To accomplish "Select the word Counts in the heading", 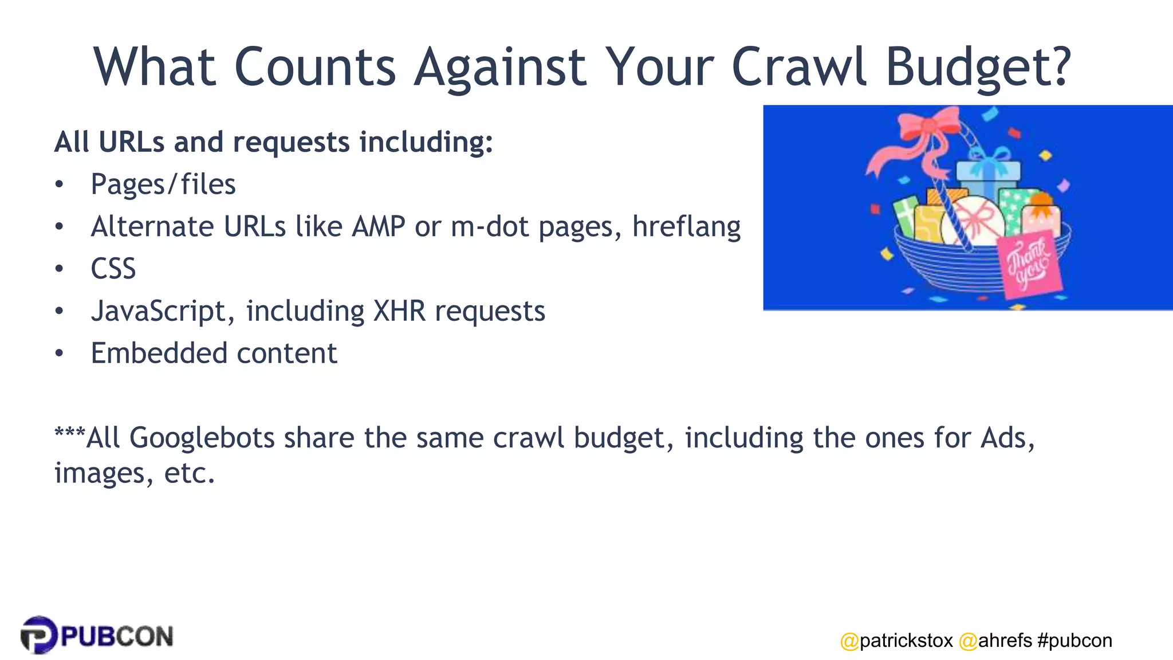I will [x=314, y=67].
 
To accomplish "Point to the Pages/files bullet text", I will [x=163, y=185].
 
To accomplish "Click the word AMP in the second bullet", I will [x=379, y=226].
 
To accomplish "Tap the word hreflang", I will [x=686, y=227].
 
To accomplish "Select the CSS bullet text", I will [x=113, y=269].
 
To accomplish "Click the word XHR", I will [x=399, y=311].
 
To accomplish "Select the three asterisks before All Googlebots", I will [x=69, y=433].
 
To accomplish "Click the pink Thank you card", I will [x=1029, y=265].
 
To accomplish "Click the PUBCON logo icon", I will [x=38, y=635].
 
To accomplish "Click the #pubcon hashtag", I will [x=1074, y=641].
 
